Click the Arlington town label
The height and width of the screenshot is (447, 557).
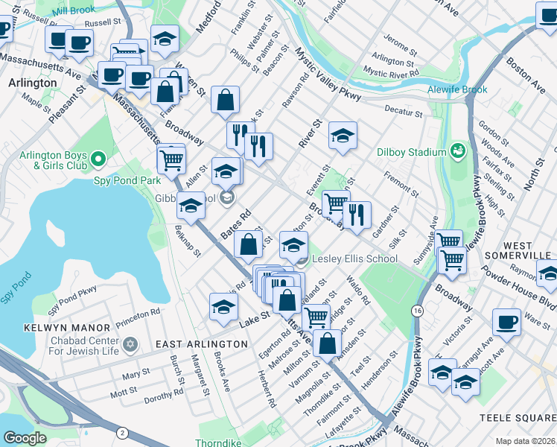point(32,83)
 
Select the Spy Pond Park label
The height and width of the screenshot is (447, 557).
point(127,180)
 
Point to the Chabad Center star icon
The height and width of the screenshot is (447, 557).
point(131,344)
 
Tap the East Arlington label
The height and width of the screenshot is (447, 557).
point(201,343)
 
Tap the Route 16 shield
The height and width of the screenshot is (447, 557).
point(418,309)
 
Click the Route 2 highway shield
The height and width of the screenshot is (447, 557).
point(121,431)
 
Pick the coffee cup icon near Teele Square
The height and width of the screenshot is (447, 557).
point(506,322)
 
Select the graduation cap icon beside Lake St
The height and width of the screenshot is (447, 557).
point(223,308)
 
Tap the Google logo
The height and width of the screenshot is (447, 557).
point(25,438)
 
